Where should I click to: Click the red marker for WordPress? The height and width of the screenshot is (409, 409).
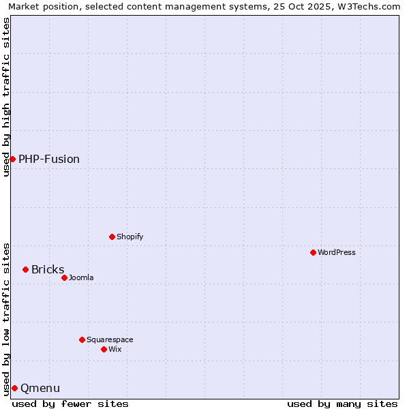[x=313, y=252]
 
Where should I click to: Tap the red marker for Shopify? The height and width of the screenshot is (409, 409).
[x=112, y=237]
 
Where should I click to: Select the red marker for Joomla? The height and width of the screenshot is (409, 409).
[x=64, y=277]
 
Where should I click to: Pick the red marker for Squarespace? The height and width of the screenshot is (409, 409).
[x=82, y=339]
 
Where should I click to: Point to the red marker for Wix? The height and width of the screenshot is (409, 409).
[x=104, y=349]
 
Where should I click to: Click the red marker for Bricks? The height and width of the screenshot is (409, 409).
[x=25, y=269]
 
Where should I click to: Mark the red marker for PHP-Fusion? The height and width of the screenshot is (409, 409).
[x=12, y=159]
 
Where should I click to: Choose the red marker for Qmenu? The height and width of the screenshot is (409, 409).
[x=14, y=388]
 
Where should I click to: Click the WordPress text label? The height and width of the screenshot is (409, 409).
[x=337, y=252]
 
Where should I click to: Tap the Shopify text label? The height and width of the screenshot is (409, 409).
[x=130, y=237]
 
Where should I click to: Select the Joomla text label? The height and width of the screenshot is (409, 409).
[x=81, y=277]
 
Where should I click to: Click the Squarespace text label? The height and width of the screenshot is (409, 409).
[x=110, y=339]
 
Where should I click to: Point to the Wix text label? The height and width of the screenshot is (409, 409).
[x=115, y=349]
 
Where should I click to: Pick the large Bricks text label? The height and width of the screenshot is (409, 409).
[x=48, y=269]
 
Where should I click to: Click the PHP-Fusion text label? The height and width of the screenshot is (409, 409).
[x=49, y=159]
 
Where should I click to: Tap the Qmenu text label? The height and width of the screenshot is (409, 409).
[x=40, y=388]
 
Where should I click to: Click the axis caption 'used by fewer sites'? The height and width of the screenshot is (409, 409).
[x=70, y=404]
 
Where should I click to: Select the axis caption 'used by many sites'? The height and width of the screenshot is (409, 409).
[x=342, y=404]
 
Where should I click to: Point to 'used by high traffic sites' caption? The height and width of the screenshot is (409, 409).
[x=6, y=97]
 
